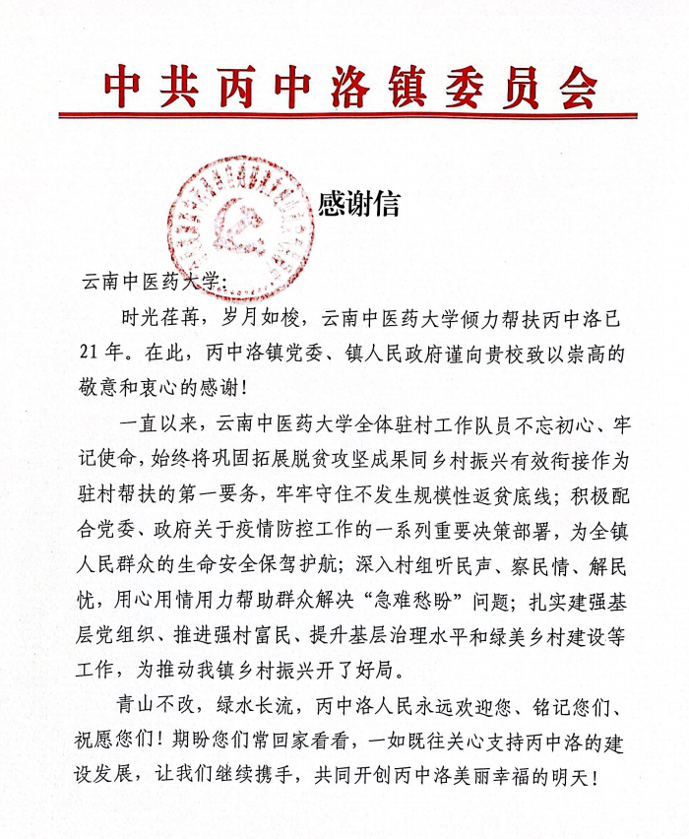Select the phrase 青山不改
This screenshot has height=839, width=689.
pos(161,709)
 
